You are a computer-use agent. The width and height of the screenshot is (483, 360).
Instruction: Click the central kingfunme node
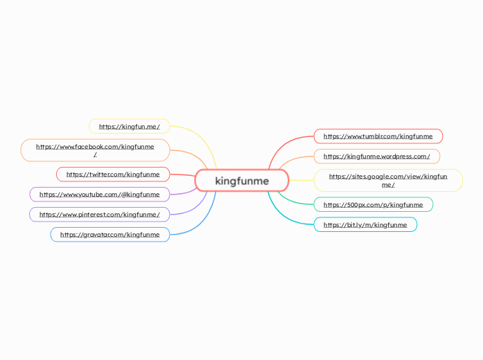(241, 181)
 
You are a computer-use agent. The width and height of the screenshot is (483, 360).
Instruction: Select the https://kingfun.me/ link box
(130, 127)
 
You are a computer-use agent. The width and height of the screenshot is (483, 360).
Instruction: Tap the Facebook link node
(95, 150)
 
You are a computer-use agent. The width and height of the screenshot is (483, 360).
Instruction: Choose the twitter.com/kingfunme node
(113, 174)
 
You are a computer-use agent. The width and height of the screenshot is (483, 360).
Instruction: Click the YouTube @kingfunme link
(99, 195)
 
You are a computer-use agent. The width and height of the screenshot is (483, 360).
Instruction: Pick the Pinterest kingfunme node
(99, 215)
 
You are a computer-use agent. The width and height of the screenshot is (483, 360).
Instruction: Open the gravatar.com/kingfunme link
(109, 235)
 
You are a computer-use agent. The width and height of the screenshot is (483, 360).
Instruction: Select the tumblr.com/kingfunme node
(378, 136)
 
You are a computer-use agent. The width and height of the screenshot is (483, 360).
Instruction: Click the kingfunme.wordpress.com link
(376, 156)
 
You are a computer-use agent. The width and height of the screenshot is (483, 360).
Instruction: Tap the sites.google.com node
(388, 181)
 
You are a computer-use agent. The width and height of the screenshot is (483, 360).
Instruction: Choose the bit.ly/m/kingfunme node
(365, 225)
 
